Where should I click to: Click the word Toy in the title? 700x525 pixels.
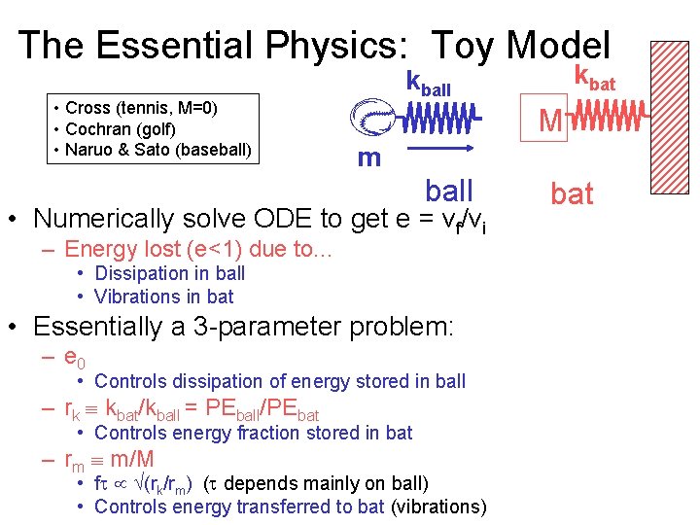click(463, 46)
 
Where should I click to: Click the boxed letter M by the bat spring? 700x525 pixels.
click(549, 122)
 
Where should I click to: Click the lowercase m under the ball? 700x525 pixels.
click(368, 157)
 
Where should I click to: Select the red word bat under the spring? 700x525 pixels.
click(572, 193)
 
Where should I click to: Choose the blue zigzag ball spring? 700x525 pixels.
click(438, 120)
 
